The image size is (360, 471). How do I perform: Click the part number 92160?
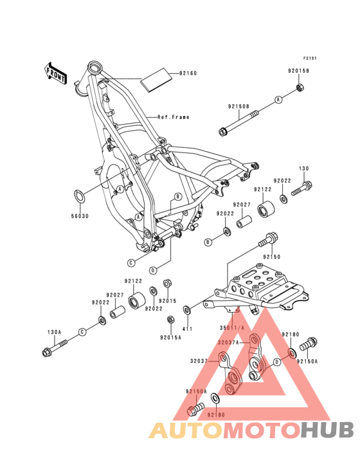point(188,73)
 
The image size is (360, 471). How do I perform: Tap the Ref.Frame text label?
point(174,117)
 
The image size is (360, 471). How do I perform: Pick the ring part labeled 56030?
point(80,196)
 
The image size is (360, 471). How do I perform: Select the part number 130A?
point(54,333)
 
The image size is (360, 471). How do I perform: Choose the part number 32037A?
point(228,343)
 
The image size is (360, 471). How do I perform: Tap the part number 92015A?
point(170,337)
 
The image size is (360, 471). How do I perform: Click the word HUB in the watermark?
point(328,429)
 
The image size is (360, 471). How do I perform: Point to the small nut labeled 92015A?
point(170,319)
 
